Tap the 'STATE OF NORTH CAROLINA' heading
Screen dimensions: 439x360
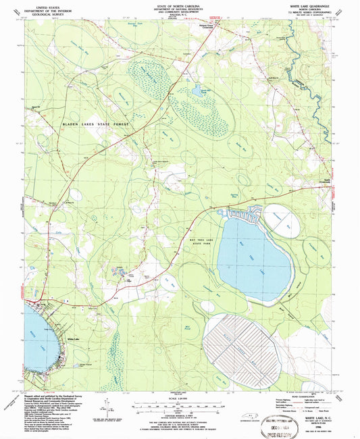click(x=180, y=3)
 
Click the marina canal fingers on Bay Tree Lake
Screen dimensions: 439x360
click(x=246, y=215)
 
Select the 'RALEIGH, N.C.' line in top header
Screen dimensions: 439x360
click(x=180, y=15)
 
